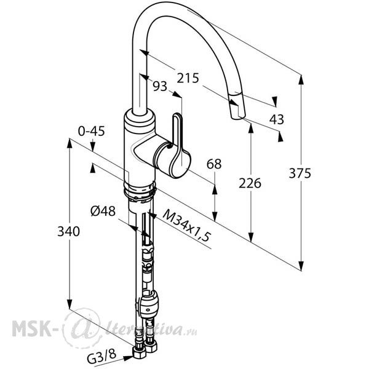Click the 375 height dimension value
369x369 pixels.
300,173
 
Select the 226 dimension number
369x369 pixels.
250,183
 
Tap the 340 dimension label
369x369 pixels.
69,231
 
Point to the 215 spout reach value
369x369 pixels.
188,78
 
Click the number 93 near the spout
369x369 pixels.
160,86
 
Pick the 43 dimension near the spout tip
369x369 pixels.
277,119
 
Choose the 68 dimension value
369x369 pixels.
214,164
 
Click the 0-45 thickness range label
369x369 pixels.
91,131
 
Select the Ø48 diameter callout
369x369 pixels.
103,211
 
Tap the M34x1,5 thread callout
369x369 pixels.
186,225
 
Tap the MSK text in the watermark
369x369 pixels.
31,328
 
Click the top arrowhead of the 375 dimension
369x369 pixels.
301,79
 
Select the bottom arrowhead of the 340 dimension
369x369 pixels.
69,304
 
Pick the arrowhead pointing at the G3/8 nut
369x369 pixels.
128,358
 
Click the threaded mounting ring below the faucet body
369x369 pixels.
140,192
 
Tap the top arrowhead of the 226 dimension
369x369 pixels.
251,128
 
